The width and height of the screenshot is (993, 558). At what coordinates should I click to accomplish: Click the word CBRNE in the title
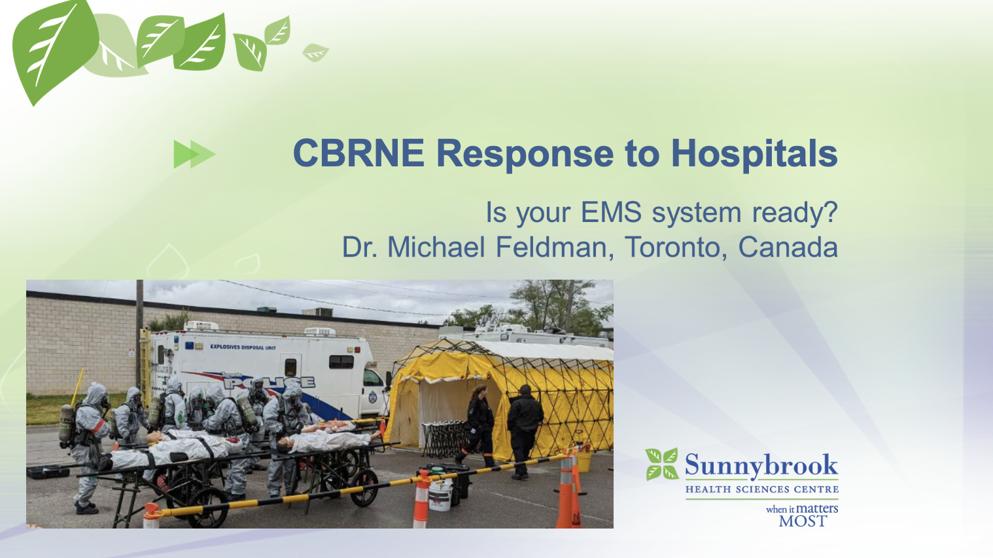coord(358,153)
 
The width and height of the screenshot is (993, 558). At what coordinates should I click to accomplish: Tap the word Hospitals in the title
coord(754,154)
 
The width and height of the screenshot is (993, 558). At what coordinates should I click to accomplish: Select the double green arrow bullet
coord(195,154)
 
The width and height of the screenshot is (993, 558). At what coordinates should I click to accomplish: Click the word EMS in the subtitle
coord(612,212)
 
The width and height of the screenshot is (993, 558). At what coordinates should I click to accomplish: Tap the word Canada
coord(788,247)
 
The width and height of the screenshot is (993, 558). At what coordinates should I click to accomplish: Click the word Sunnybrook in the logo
coord(761,466)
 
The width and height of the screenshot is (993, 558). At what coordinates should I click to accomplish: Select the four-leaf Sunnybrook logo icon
coord(662,464)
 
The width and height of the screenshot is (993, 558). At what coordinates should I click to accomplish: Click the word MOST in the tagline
coord(803,521)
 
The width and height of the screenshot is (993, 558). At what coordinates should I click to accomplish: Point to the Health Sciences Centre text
coord(761,489)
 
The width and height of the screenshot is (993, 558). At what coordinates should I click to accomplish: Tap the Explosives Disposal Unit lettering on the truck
coord(243,347)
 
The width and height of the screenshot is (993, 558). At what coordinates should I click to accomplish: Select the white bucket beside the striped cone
coord(440,494)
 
